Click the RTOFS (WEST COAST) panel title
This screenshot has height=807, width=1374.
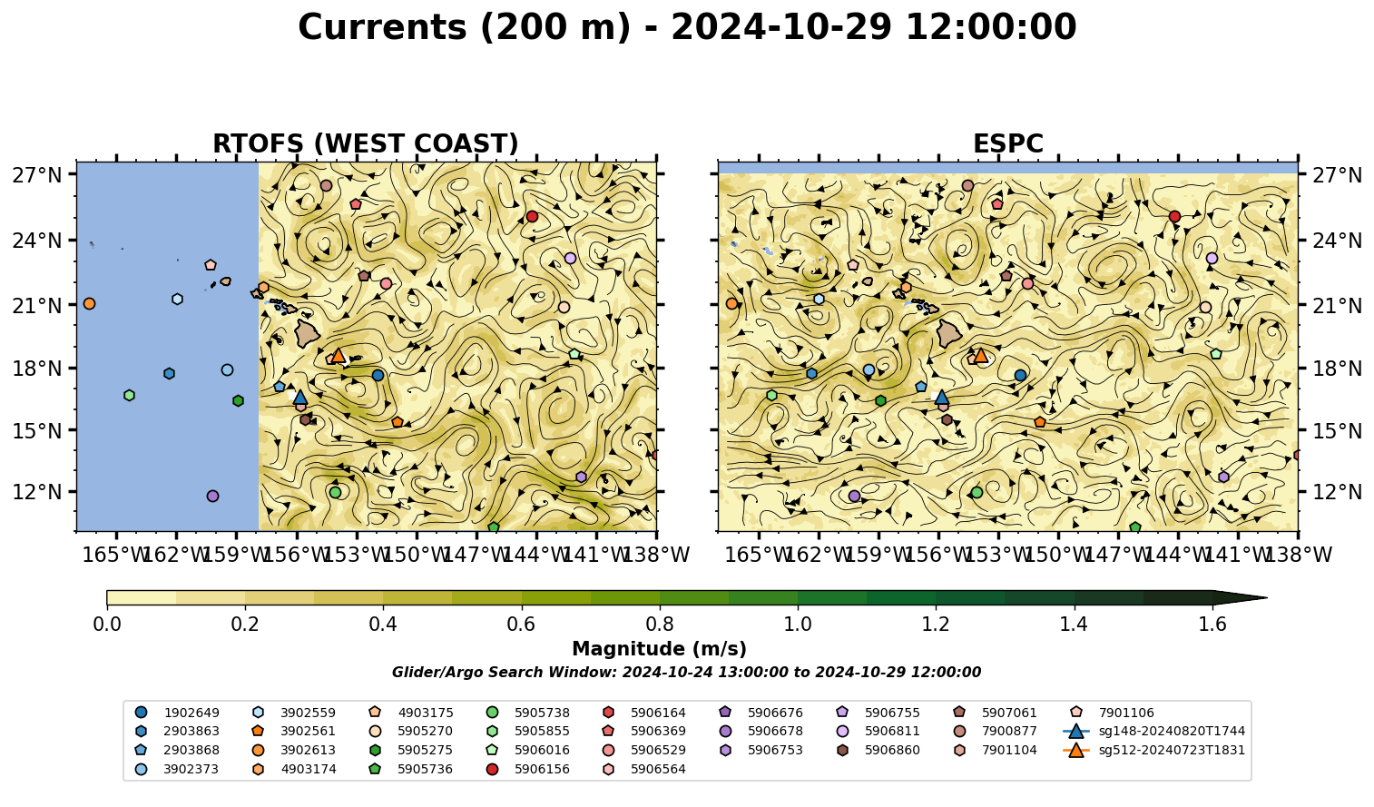click(x=366, y=143)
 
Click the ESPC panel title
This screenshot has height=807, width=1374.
click(x=1007, y=143)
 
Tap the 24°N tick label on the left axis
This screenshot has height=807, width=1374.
click(x=37, y=240)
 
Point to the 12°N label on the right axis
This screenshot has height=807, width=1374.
click(x=1337, y=492)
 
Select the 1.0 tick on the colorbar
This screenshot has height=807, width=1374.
click(x=798, y=625)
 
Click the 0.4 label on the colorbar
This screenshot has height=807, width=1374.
click(x=383, y=625)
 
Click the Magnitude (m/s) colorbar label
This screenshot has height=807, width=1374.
click(x=660, y=649)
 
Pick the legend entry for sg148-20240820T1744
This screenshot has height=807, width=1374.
click(x=1153, y=731)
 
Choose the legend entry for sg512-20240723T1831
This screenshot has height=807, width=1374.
click(x=1153, y=750)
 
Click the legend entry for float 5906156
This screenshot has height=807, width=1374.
click(x=531, y=769)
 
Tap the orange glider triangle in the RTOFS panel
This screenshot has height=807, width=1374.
click(x=338, y=355)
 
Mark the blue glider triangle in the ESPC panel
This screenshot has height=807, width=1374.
click(x=941, y=397)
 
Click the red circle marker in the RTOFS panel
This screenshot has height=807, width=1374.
click(x=532, y=217)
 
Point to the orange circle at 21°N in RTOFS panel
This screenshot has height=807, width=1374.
click(x=89, y=304)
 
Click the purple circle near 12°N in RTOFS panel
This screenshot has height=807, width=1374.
click(x=213, y=496)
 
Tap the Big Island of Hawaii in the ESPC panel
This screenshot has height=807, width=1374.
click(x=949, y=333)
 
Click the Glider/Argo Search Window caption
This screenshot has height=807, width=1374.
click(x=686, y=672)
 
